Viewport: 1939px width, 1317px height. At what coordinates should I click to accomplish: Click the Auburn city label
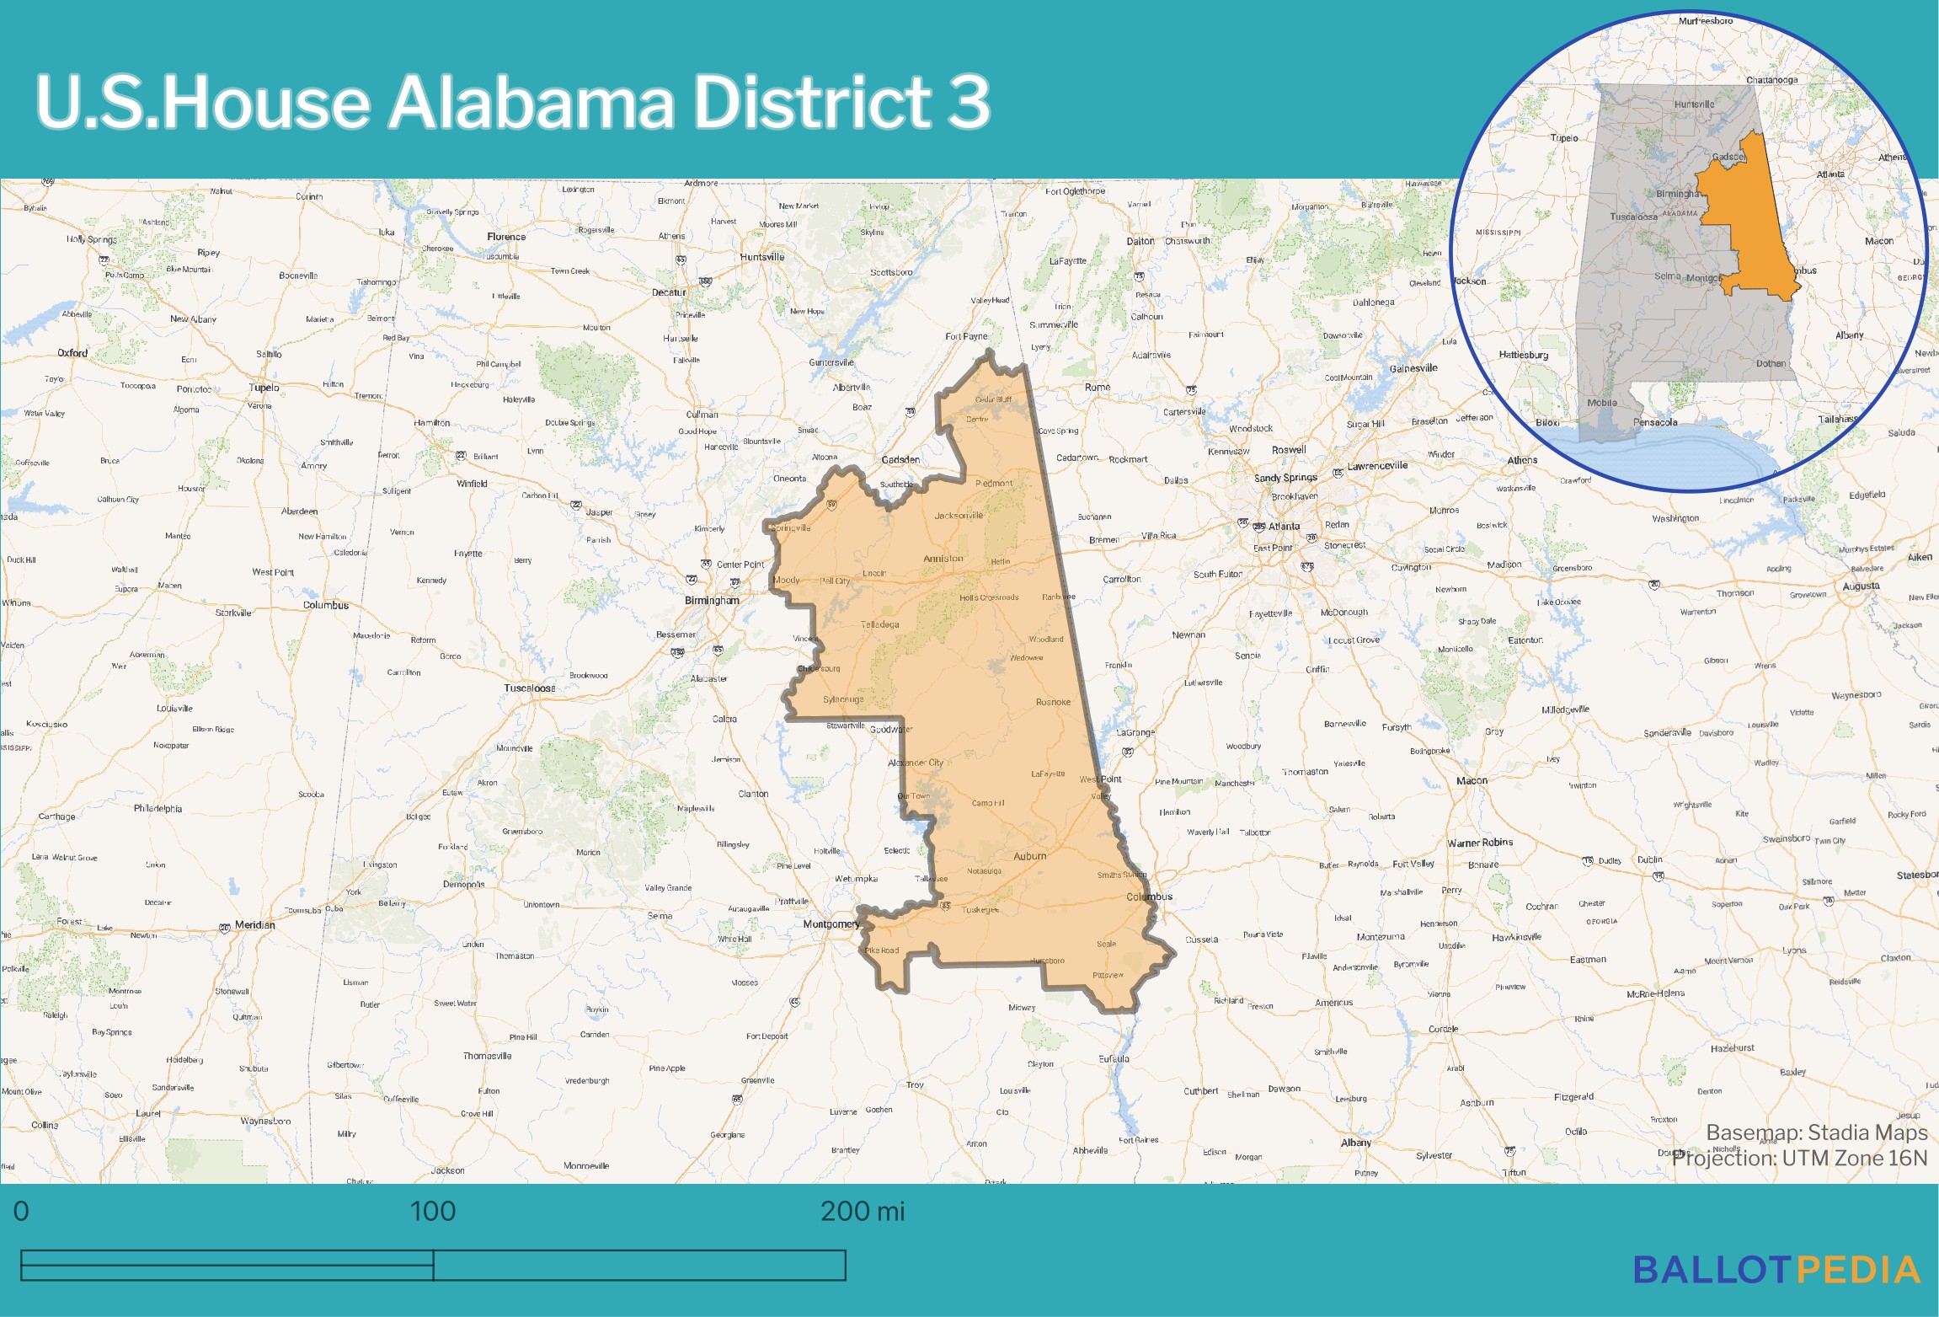(x=1029, y=856)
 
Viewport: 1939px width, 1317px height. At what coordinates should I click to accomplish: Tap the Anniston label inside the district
(x=943, y=559)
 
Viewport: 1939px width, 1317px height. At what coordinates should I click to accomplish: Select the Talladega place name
(x=879, y=624)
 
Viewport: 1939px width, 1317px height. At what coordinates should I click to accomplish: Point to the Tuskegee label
(x=980, y=910)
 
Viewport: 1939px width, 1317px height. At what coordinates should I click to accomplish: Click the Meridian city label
(x=254, y=925)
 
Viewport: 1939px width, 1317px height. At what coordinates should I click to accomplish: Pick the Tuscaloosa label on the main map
(x=529, y=688)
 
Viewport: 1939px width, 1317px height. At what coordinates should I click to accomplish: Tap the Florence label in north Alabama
(x=506, y=237)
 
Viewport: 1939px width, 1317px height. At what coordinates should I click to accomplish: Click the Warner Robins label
(x=1480, y=843)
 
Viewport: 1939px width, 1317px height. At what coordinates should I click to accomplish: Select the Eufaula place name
(x=1114, y=1059)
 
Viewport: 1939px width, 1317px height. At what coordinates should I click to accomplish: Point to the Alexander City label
(x=916, y=763)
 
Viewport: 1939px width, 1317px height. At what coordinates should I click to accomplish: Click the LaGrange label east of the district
(x=1135, y=732)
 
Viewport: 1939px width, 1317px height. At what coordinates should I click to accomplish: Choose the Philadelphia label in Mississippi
(x=158, y=809)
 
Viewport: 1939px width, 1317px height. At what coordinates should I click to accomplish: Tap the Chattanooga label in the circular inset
(x=1771, y=81)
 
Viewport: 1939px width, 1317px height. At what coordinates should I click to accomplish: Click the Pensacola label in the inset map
(x=1655, y=423)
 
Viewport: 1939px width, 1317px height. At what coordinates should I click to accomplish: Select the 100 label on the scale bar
(x=432, y=1212)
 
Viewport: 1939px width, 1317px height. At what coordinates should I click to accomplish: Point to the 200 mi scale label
(x=862, y=1212)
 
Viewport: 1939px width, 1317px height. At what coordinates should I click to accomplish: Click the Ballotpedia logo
(x=1776, y=1271)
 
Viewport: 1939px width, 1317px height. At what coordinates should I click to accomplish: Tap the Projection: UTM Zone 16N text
(x=1799, y=1159)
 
